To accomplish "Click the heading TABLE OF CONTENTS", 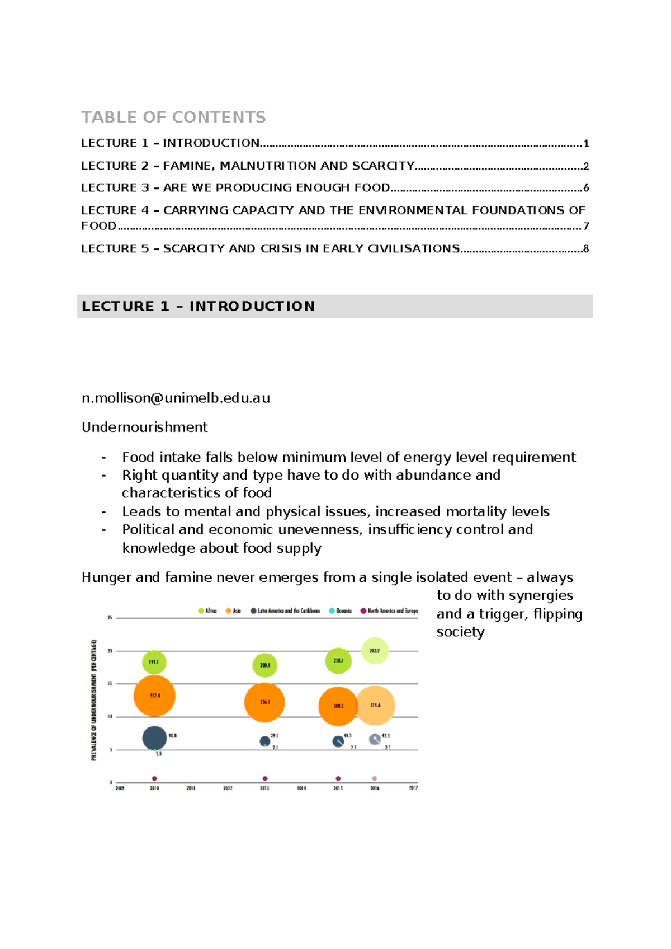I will click(173, 117).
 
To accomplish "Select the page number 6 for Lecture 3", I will click(586, 188).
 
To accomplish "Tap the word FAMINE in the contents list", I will click(187, 166).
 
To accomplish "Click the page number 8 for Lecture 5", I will click(586, 248).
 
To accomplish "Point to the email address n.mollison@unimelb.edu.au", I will click(176, 398).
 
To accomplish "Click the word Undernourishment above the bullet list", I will click(144, 427).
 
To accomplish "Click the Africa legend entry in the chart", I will click(207, 610).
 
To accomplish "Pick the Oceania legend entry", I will click(341, 610).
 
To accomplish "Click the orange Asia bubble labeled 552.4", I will click(154, 696).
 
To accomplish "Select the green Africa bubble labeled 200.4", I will click(264, 665).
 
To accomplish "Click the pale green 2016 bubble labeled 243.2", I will click(375, 651).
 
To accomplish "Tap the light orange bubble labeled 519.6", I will click(375, 705).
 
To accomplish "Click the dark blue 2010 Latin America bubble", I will click(154, 737).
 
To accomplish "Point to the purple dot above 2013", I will click(264, 778).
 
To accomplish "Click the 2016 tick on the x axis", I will click(375, 788).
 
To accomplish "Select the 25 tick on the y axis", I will click(110, 618).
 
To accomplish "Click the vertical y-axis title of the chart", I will click(94, 699).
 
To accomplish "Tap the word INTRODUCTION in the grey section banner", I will click(252, 306).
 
